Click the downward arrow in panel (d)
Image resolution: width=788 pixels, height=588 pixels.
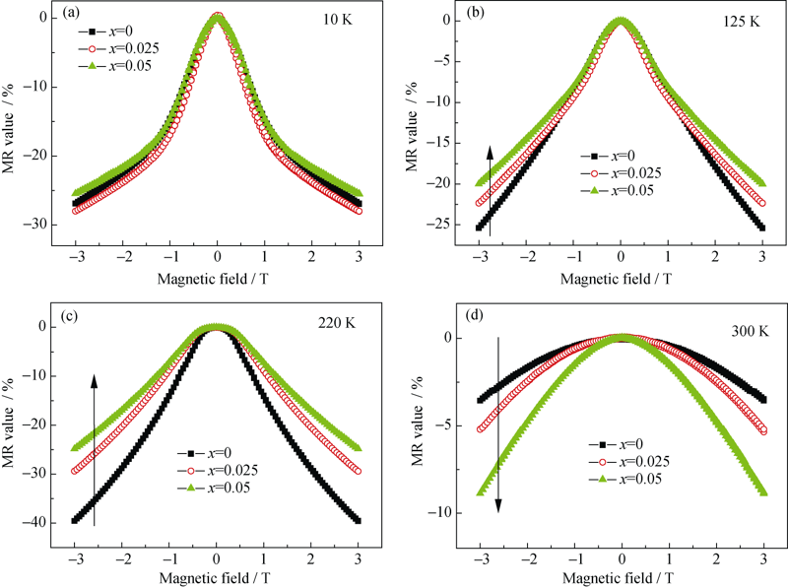pyautogui.click(x=498, y=424)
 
